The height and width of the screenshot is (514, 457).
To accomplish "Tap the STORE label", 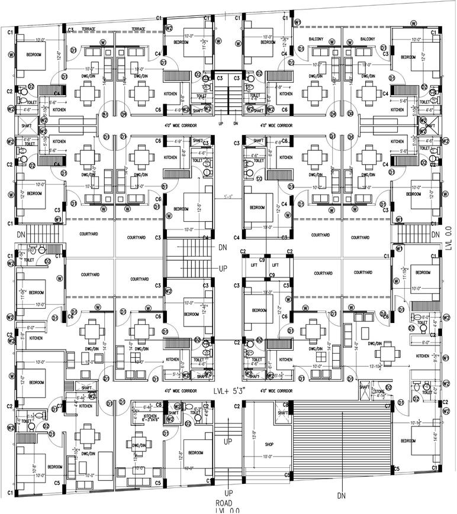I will (x=378, y=392).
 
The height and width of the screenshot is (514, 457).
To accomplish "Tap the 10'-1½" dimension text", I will (x=414, y=422).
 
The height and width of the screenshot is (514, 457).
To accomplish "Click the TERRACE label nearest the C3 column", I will (x=89, y=28).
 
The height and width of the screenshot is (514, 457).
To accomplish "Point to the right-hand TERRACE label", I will (x=139, y=28).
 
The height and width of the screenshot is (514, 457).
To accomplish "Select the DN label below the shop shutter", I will (x=341, y=495).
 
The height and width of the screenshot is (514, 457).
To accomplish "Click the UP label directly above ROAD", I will (x=228, y=492).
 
